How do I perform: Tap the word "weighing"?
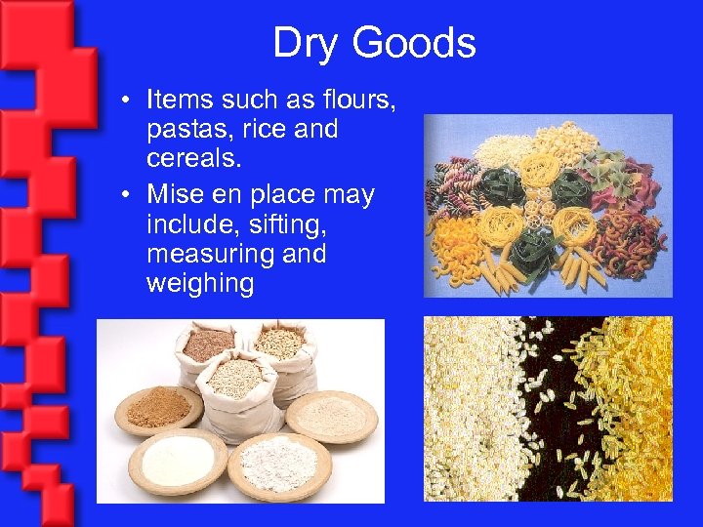click(x=200, y=284)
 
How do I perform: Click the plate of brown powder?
click(x=159, y=408)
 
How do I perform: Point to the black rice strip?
click(x=546, y=410)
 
